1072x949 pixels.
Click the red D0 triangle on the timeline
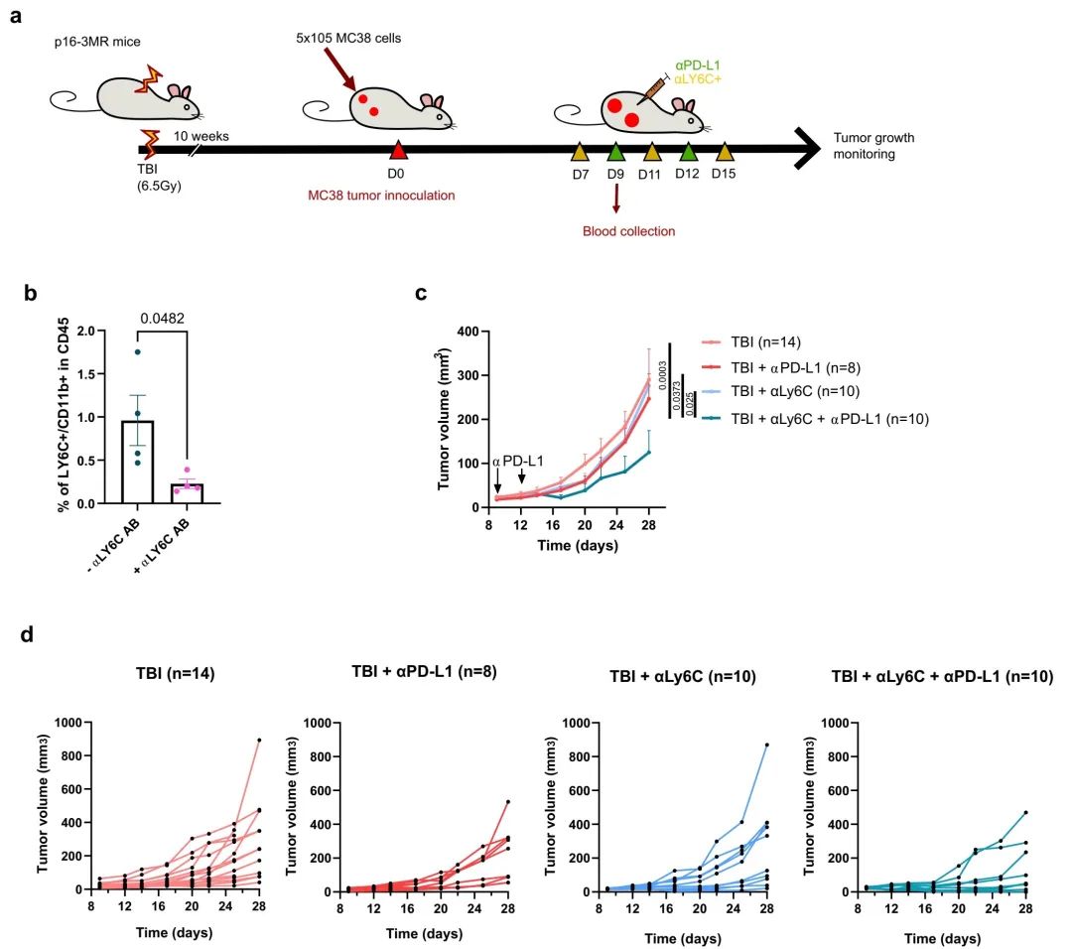point(398,151)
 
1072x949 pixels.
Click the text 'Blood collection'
point(628,231)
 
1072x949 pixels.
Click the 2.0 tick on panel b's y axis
point(94,331)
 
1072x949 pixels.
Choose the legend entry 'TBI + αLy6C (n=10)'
point(767,392)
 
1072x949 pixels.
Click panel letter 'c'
point(421,295)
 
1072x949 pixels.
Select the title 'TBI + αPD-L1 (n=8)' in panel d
point(424,671)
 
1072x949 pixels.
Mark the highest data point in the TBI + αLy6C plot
point(766,745)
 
